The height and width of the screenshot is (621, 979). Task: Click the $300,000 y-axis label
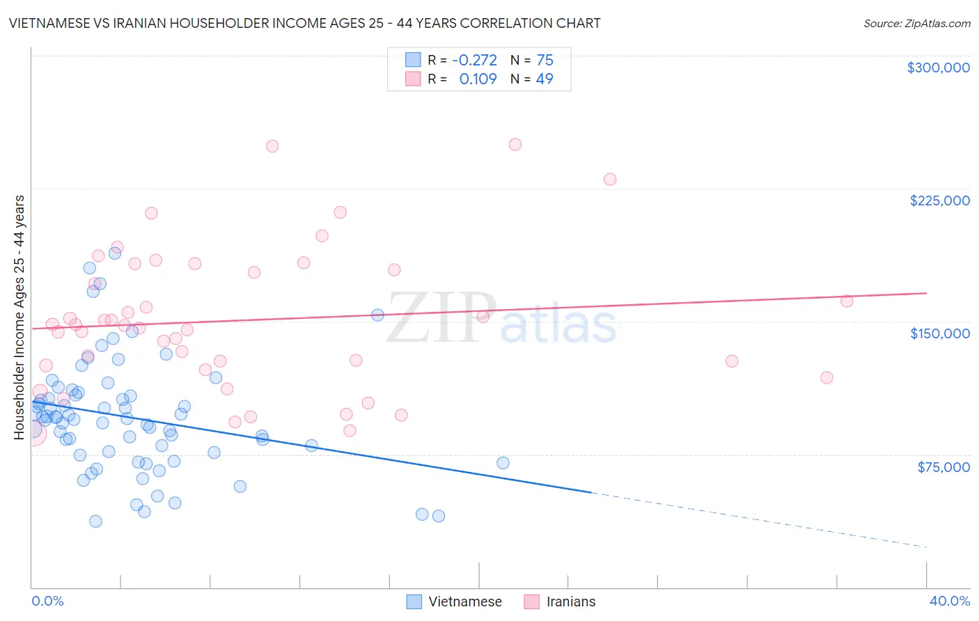coord(938,68)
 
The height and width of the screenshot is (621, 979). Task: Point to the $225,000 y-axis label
coord(939,201)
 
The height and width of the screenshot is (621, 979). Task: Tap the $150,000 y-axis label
coord(939,333)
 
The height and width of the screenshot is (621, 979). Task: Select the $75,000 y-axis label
coord(943,467)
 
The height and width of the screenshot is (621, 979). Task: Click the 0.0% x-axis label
coord(47,601)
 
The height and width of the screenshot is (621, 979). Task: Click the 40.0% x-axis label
coord(949,601)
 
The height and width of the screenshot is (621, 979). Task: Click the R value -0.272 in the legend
coord(474,61)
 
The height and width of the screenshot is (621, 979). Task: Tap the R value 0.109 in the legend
coord(478,79)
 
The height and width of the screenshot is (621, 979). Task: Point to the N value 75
coord(545,61)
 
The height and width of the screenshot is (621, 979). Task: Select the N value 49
coord(545,79)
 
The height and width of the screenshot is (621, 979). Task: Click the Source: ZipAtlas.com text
coord(916,24)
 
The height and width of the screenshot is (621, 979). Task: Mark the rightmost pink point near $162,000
coord(847,301)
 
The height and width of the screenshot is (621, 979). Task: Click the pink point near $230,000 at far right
coord(610,179)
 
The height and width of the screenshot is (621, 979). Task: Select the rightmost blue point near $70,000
coord(503,463)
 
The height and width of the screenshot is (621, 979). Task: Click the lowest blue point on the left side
coord(95,521)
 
